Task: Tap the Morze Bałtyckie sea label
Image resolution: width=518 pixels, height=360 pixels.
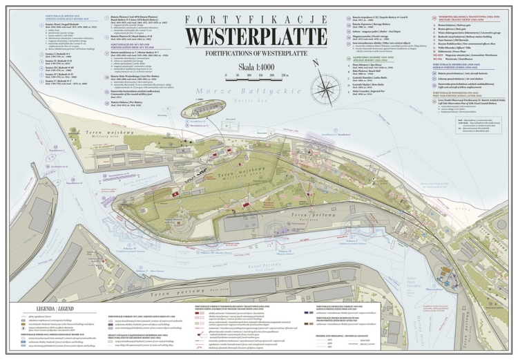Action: (173, 93)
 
